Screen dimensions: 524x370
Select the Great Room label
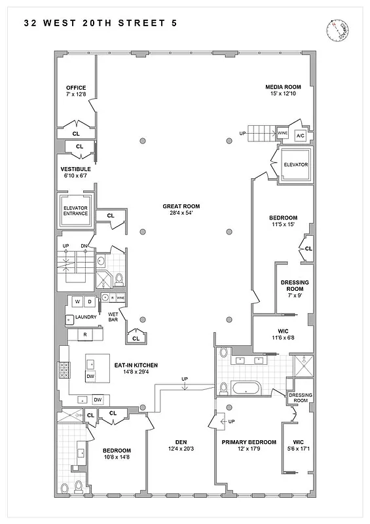pyautogui.click(x=181, y=210)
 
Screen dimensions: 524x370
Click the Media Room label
pyautogui.click(x=283, y=90)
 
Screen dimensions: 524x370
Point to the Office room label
pyautogui.click(x=76, y=91)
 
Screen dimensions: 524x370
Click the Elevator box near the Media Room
pyautogui.click(x=295, y=164)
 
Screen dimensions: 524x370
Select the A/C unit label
pyautogui.click(x=301, y=136)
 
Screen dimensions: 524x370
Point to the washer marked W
pyautogui.click(x=77, y=301)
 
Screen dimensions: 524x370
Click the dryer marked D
pyautogui.click(x=90, y=301)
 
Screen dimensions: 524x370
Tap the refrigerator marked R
pyautogui.click(x=85, y=335)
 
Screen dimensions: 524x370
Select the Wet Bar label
pyautogui.click(x=113, y=317)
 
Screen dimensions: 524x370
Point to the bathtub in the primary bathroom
pyautogui.click(x=246, y=388)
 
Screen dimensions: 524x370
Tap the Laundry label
pyautogui.click(x=86, y=318)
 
